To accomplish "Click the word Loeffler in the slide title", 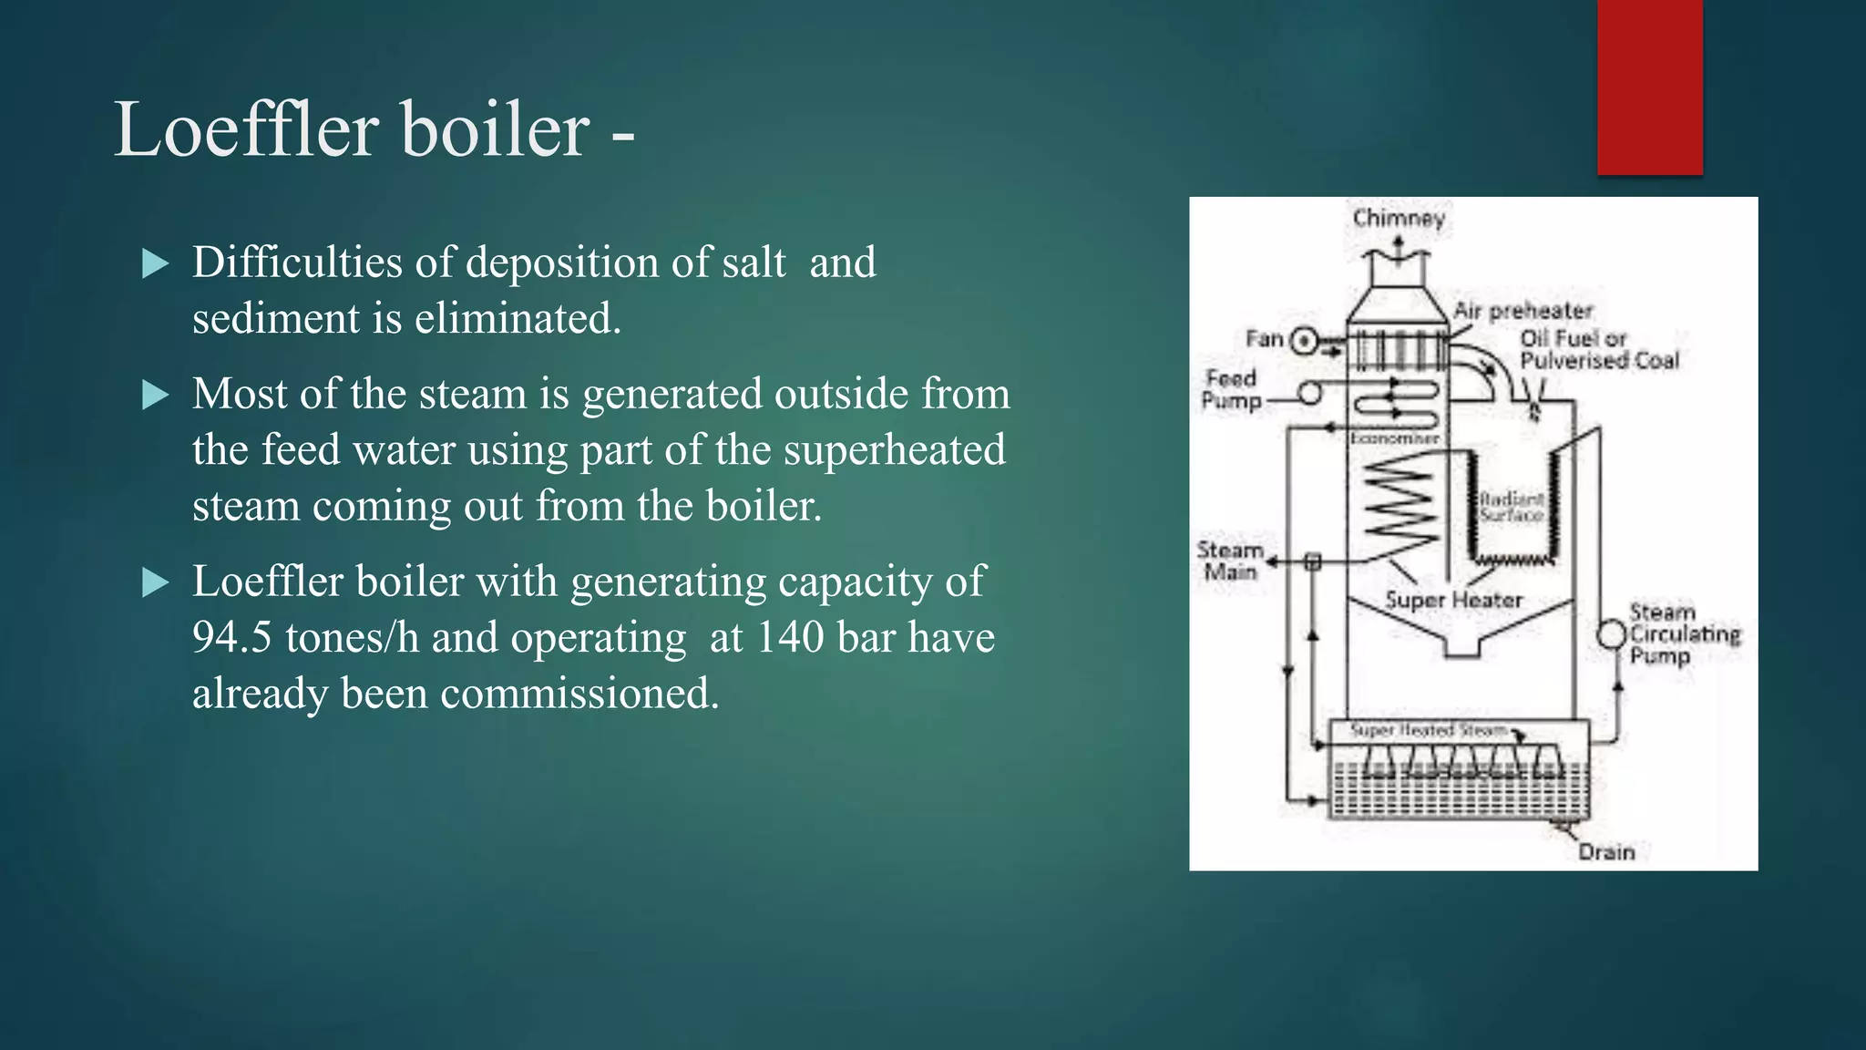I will tap(246, 129).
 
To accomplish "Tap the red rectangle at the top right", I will tap(1649, 87).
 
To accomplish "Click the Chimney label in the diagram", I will tap(1399, 219).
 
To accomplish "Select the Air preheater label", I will tap(1523, 311).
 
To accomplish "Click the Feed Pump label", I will tap(1231, 389).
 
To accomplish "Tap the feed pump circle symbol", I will tap(1310, 394).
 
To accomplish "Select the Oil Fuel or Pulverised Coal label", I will tap(1598, 350).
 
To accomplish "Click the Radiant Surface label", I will tap(1511, 507).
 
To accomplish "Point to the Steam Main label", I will tap(1229, 561).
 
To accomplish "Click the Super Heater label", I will tap(1453, 601).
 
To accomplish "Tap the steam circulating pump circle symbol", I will tap(1612, 634).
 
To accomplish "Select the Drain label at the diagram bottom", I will tap(1606, 852).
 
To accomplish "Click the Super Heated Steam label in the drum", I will tap(1428, 730).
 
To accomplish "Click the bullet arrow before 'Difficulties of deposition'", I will tap(157, 264).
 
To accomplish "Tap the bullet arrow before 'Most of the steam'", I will tap(157, 396).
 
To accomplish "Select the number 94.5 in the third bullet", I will tap(231, 637).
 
